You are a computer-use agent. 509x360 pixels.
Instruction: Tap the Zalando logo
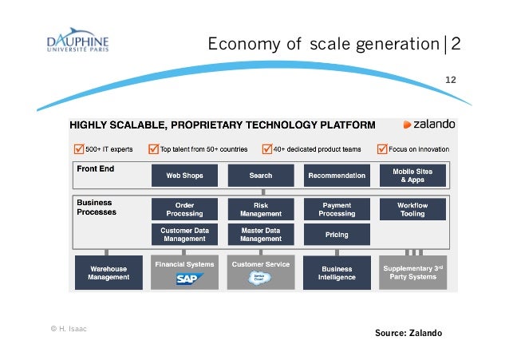pyautogui.click(x=428, y=125)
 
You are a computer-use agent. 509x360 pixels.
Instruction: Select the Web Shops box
pyautogui.click(x=184, y=176)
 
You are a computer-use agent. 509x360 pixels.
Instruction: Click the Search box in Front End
pyautogui.click(x=260, y=176)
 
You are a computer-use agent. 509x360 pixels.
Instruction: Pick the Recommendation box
pyautogui.click(x=337, y=176)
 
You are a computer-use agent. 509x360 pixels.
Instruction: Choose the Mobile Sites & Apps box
pyautogui.click(x=412, y=176)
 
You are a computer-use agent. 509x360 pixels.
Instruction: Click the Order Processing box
pyautogui.click(x=184, y=210)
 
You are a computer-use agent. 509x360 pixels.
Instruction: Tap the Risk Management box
pyautogui.click(x=260, y=210)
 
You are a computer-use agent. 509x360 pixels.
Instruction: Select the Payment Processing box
pyautogui.click(x=337, y=210)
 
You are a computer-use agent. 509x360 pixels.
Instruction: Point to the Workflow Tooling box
pyautogui.click(x=412, y=210)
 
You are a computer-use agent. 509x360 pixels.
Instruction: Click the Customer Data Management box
pyautogui.click(x=184, y=235)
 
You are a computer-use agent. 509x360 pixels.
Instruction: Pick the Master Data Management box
pyautogui.click(x=260, y=235)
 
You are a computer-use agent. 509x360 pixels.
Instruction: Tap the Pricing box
pyautogui.click(x=337, y=235)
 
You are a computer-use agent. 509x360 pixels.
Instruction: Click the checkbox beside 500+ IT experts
pyautogui.click(x=77, y=148)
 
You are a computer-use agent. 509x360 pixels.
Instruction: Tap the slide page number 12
pyautogui.click(x=450, y=80)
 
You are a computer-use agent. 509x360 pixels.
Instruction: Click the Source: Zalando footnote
pyautogui.click(x=408, y=332)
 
